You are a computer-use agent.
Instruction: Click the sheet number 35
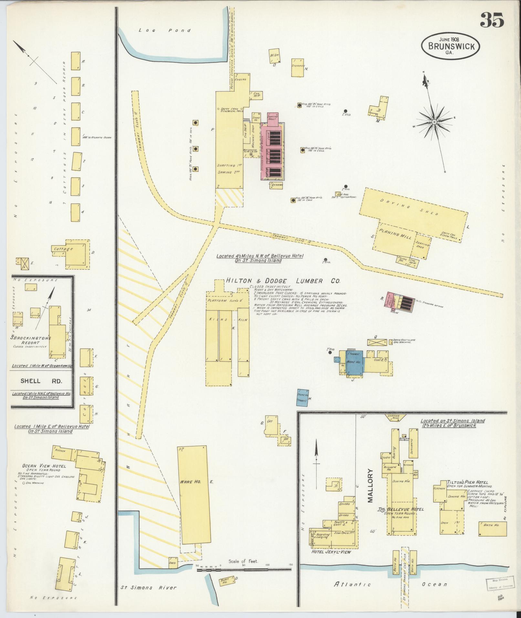pos(492,20)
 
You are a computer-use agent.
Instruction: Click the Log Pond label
pos(164,30)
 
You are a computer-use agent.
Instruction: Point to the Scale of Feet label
pos(243,561)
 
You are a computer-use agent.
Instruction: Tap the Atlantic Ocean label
pos(390,584)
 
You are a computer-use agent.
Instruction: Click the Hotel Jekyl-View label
pos(331,552)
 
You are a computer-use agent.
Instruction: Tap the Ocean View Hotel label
pos(44,466)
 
